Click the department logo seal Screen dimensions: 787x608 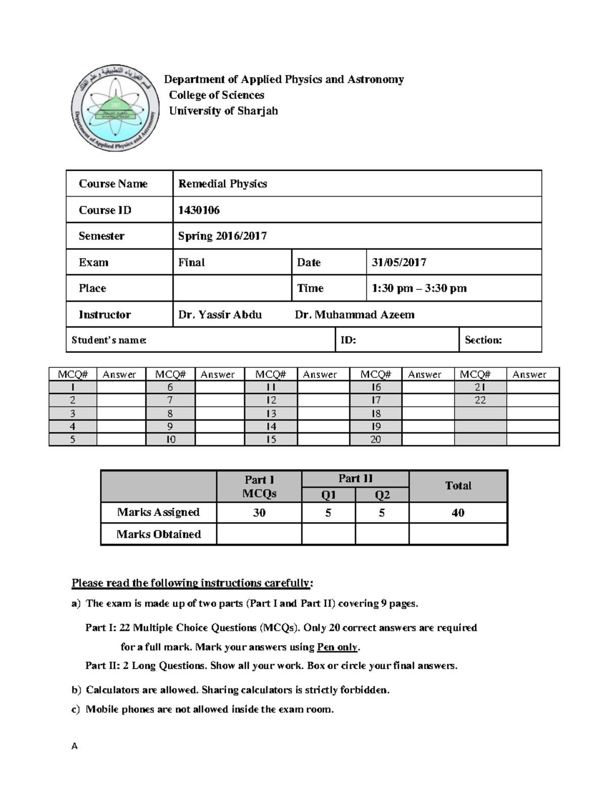(115, 109)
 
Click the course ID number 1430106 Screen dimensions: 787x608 (199, 210)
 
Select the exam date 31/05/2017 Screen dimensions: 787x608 (399, 263)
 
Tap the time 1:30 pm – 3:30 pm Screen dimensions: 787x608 (419, 288)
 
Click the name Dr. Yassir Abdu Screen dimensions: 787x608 (220, 315)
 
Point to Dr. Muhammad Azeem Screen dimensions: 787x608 (354, 315)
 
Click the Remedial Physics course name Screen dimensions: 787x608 (222, 184)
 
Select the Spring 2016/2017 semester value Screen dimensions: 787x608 (222, 236)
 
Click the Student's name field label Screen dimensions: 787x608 (109, 340)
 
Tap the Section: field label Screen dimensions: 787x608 (483, 340)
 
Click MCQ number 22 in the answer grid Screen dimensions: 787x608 (480, 400)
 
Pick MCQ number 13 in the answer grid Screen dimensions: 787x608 (271, 414)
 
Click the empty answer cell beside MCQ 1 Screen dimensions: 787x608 (121, 388)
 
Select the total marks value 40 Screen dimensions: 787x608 (458, 513)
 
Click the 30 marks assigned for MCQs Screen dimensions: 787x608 (259, 513)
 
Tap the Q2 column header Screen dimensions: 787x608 (382, 495)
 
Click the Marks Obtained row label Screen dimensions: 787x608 (159, 534)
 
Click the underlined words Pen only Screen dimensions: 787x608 (337, 647)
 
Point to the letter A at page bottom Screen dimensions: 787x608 (74, 746)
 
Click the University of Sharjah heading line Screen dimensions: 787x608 (223, 111)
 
